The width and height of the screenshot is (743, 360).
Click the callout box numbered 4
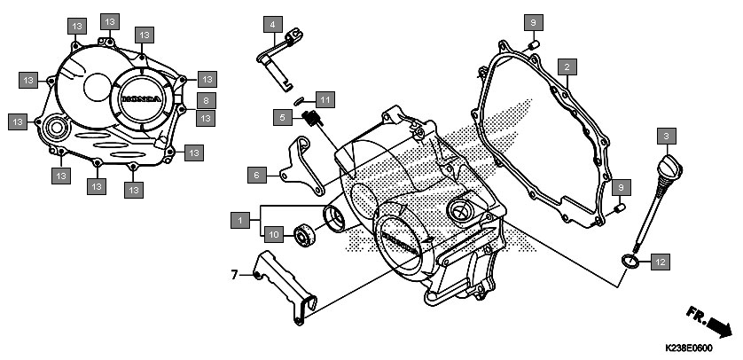click(x=273, y=24)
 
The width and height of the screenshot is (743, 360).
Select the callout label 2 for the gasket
click(x=567, y=67)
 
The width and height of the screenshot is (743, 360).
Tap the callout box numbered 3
click(x=666, y=137)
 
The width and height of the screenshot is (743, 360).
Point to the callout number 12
click(x=661, y=262)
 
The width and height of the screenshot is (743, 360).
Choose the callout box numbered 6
click(x=257, y=176)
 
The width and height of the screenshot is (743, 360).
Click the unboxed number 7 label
click(x=234, y=275)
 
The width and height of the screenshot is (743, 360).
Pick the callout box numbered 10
click(x=273, y=233)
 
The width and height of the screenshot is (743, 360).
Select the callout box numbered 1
click(x=240, y=220)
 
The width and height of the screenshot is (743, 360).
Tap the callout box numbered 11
click(x=325, y=100)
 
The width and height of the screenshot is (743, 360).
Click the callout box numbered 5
click(x=283, y=117)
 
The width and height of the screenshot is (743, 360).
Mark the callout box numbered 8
click(x=206, y=100)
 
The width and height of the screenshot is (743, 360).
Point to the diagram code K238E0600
click(x=689, y=348)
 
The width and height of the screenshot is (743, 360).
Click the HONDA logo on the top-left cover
click(x=142, y=99)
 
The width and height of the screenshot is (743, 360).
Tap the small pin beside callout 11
click(x=299, y=100)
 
